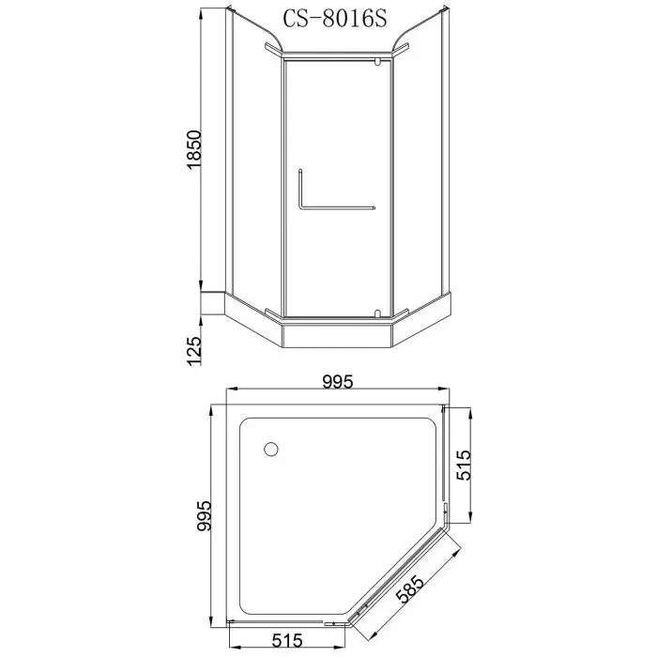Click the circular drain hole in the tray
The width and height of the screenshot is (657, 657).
tap(271, 450)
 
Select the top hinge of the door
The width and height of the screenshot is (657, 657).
tap(378, 63)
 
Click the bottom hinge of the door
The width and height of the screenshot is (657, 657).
tap(377, 312)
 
